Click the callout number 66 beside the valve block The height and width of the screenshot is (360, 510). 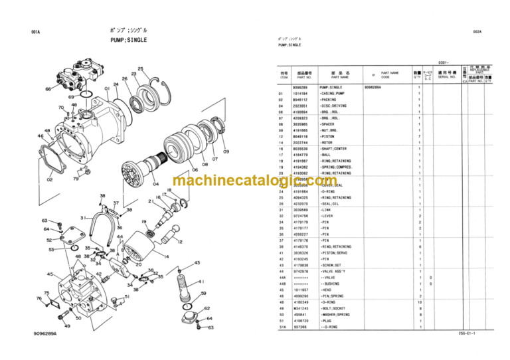tap(48, 89)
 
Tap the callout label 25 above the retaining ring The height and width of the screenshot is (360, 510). tap(140, 69)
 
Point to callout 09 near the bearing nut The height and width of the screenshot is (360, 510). tap(225, 152)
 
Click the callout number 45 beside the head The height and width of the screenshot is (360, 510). tap(50, 274)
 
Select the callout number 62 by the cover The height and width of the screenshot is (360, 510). tap(207, 309)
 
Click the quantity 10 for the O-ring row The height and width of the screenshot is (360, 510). tap(418, 302)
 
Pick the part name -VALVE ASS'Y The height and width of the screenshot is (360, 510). tap(333, 272)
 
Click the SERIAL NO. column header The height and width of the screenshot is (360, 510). tap(448, 77)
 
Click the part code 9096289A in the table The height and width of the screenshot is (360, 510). tap(373, 87)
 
